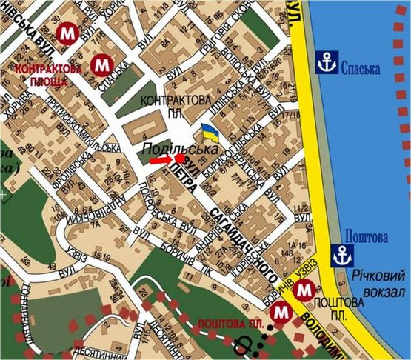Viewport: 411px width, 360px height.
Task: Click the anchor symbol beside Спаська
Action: [327, 64]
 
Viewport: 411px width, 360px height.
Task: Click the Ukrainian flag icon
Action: [210, 134]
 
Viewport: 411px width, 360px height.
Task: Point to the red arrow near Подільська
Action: [160, 159]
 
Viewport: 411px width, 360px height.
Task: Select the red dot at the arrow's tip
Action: [179, 158]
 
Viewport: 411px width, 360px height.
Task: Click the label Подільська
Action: [182, 147]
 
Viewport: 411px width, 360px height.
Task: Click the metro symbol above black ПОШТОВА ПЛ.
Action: [302, 291]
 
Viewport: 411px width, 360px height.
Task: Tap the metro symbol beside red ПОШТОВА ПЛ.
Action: [278, 314]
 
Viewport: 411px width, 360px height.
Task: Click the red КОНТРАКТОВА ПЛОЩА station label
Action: [48, 73]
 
